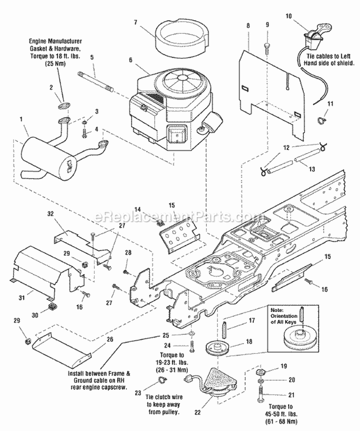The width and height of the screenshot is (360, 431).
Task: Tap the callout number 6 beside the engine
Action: click(130, 60)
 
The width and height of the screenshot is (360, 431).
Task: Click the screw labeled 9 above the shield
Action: click(267, 48)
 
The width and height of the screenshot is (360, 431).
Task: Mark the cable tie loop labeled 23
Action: click(163, 382)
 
